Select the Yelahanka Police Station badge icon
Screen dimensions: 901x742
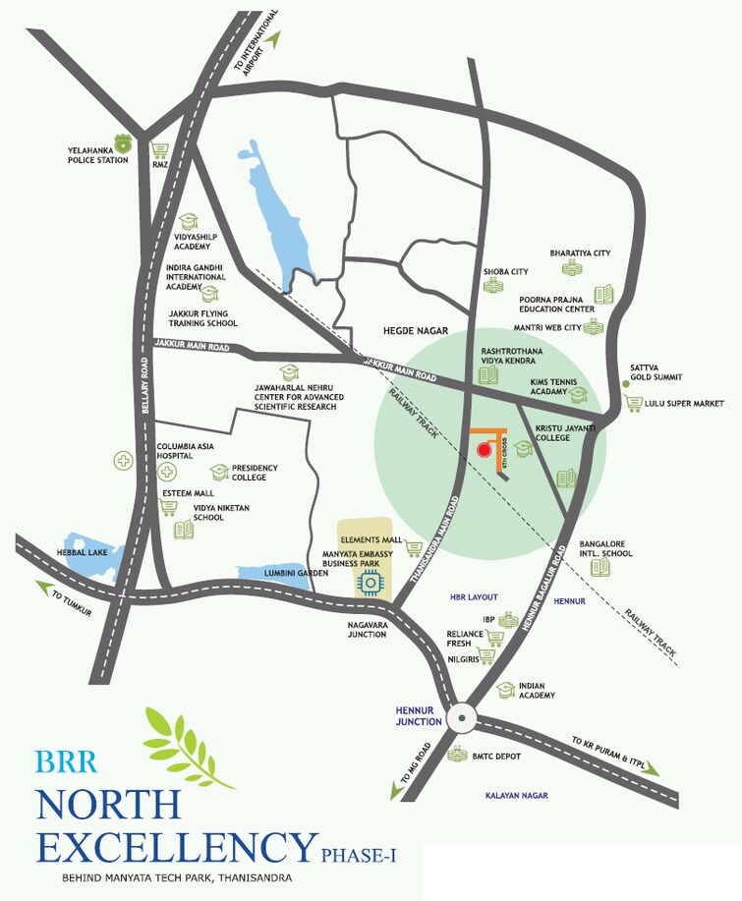pos(121,141)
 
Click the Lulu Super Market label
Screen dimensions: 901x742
pos(686,403)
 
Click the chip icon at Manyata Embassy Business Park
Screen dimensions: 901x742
pos(368,583)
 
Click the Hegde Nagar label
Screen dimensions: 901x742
pos(409,331)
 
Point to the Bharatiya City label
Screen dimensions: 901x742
pos(581,253)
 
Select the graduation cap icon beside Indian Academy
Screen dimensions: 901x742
pos(505,690)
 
